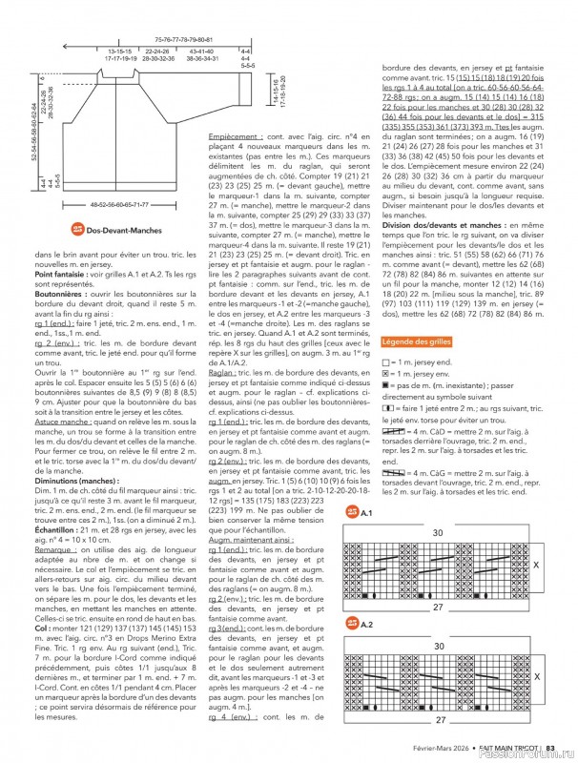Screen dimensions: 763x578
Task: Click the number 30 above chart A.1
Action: pyautogui.click(x=438, y=532)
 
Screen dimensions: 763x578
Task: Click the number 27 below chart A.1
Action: pyautogui.click(x=438, y=607)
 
